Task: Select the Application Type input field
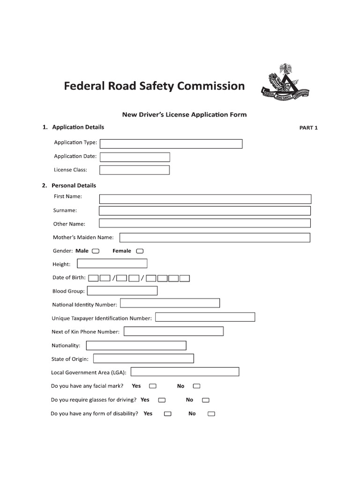(x=171, y=143)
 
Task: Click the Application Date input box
(x=135, y=157)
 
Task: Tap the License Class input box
(x=135, y=170)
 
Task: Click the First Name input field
(x=205, y=199)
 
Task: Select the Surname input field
(x=205, y=211)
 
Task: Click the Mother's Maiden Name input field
(x=215, y=238)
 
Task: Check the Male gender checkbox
(x=96, y=251)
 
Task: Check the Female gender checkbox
(x=140, y=251)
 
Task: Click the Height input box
(x=112, y=263)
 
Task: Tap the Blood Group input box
(x=122, y=291)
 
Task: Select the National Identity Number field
(x=170, y=304)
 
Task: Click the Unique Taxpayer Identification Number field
(x=205, y=317)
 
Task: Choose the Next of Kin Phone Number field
(x=173, y=331)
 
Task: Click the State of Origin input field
(x=143, y=359)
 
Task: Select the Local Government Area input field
(x=185, y=372)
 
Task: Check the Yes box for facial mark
(x=152, y=386)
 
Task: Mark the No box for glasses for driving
(x=206, y=400)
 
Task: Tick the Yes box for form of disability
(x=167, y=414)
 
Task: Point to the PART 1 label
(x=308, y=127)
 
